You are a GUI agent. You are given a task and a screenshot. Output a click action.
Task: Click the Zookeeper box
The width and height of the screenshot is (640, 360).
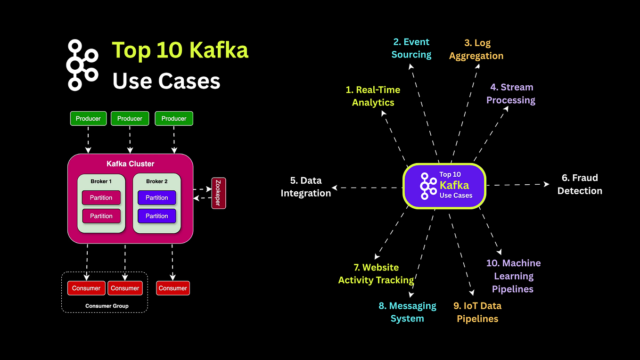219,193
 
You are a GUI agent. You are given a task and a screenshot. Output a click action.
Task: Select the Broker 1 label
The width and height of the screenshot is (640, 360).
101,181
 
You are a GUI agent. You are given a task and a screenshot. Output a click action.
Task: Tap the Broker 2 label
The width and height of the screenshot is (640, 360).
157,181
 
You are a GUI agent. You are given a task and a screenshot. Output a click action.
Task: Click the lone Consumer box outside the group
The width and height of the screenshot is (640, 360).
172,288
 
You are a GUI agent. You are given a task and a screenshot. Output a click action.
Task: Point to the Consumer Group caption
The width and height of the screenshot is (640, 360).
107,306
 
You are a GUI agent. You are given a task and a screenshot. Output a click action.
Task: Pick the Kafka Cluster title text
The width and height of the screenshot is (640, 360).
130,164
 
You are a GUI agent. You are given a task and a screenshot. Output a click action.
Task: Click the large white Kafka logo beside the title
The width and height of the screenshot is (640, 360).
82,65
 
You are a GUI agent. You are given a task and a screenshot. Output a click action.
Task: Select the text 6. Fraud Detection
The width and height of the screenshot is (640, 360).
579,184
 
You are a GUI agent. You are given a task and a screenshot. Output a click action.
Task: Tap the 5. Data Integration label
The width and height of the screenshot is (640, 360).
306,187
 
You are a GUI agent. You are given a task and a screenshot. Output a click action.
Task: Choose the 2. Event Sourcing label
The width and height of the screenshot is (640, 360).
411,48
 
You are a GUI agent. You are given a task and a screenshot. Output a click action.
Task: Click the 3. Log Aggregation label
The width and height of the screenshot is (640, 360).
476,49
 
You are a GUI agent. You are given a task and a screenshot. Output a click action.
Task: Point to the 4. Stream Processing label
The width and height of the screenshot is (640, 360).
511,93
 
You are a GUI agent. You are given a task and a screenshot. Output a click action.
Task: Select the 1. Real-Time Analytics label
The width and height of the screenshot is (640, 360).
373,96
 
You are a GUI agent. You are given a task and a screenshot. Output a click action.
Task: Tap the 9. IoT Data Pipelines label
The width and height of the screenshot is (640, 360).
477,312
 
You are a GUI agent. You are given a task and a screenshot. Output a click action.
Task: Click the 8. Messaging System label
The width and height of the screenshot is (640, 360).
408,312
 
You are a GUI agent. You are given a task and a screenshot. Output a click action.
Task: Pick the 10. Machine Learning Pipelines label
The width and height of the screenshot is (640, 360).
513,276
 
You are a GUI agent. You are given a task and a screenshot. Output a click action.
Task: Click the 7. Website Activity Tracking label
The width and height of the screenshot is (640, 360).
376,274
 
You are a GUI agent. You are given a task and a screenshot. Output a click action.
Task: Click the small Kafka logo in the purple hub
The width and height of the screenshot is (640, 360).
428,186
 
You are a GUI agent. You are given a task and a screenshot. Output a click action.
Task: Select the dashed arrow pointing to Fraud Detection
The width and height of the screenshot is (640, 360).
517,185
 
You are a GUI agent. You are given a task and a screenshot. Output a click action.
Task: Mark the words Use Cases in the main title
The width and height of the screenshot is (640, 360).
166,81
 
